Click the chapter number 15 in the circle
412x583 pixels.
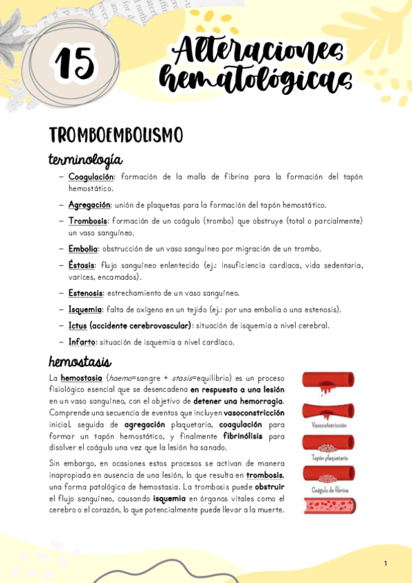pos(74,64)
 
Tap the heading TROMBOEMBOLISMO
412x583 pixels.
pos(115,135)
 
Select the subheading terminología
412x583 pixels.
pos(85,159)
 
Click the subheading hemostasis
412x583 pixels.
pos(80,361)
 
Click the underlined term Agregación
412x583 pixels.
pos(89,205)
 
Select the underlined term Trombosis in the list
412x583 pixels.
pos(87,221)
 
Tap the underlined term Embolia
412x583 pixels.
pos(83,249)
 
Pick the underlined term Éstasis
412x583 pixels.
pos(82,265)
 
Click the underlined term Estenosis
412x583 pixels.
pos(85,294)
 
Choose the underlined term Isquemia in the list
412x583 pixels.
pos(85,309)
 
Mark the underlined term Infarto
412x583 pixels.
pos(82,342)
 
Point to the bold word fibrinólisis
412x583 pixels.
pos(245,435)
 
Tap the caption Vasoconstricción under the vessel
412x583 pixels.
pos(329,426)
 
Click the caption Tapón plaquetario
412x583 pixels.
pos(329,457)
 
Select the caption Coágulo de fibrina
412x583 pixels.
pos(329,489)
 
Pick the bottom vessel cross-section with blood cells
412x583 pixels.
pos(329,507)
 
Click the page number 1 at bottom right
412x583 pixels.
pos(386,564)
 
